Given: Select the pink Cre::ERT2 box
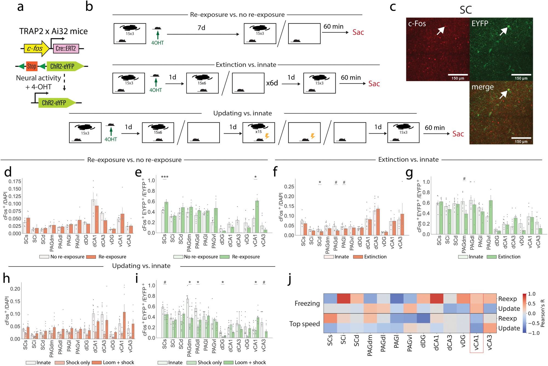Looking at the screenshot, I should point(66,48).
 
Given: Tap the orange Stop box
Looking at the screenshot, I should point(32,66).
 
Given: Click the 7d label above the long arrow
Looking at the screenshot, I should point(201,28).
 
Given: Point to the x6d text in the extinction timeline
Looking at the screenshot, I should point(272,83).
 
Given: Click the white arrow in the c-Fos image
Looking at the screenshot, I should point(441,31).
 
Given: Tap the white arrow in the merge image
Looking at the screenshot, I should point(504,95).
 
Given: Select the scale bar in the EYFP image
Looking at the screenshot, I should point(521,75).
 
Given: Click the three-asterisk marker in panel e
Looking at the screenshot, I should point(165,177).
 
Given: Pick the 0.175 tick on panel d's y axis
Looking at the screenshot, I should point(15,181).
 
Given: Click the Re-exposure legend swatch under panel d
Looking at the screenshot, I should point(91,257).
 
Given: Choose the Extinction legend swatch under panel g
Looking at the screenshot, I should point(492,257).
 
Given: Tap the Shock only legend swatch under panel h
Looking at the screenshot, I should point(60,362).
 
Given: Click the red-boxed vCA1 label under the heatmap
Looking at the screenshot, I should point(476,343).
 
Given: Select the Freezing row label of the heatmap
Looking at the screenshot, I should point(307,303).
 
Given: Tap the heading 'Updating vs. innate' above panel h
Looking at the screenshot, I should point(141,266).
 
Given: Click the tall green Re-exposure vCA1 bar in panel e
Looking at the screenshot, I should point(257,216).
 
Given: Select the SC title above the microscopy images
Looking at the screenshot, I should point(466,10).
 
